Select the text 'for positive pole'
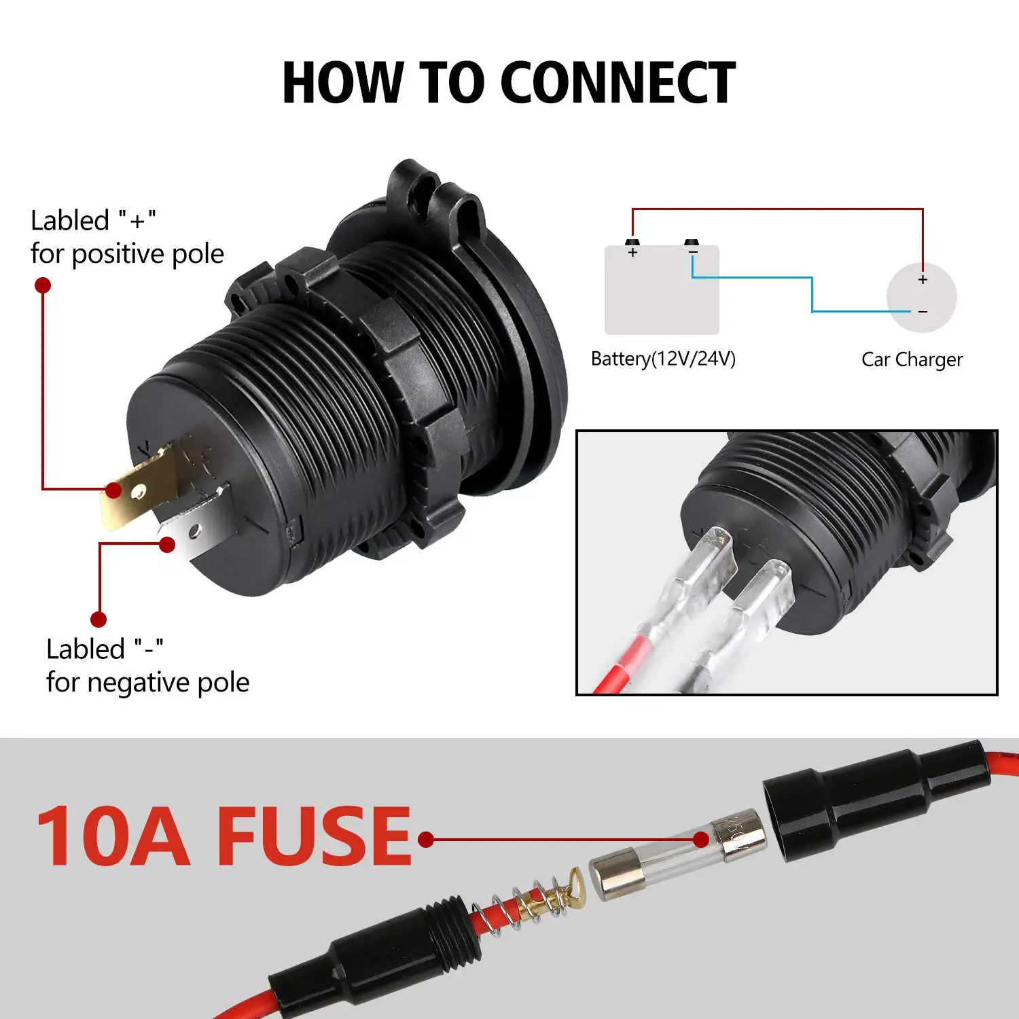coord(127,254)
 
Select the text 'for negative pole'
coord(147,682)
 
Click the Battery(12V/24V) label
coord(663,359)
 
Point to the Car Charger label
coord(912,359)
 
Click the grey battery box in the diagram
coord(662,292)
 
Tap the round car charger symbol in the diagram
coord(921,297)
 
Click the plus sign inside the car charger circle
coord(923,280)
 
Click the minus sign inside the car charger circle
coord(923,312)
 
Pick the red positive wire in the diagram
coord(777,209)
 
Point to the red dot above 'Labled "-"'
coord(99,619)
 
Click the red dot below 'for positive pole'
coord(43,285)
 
